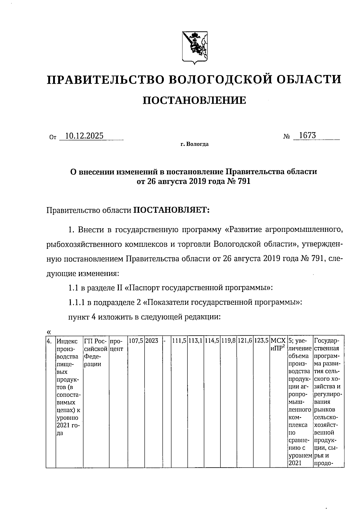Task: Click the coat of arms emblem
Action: (x=194, y=48)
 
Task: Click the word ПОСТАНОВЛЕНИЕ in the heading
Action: (x=194, y=100)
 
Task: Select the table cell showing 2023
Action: (x=152, y=341)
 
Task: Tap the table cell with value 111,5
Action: (x=179, y=341)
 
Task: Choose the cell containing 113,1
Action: (x=196, y=341)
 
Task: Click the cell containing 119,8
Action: (x=229, y=341)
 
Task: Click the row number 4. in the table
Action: (x=50, y=341)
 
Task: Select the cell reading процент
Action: (x=117, y=345)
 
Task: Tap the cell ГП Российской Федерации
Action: (x=96, y=352)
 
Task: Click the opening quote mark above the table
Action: (x=49, y=331)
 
